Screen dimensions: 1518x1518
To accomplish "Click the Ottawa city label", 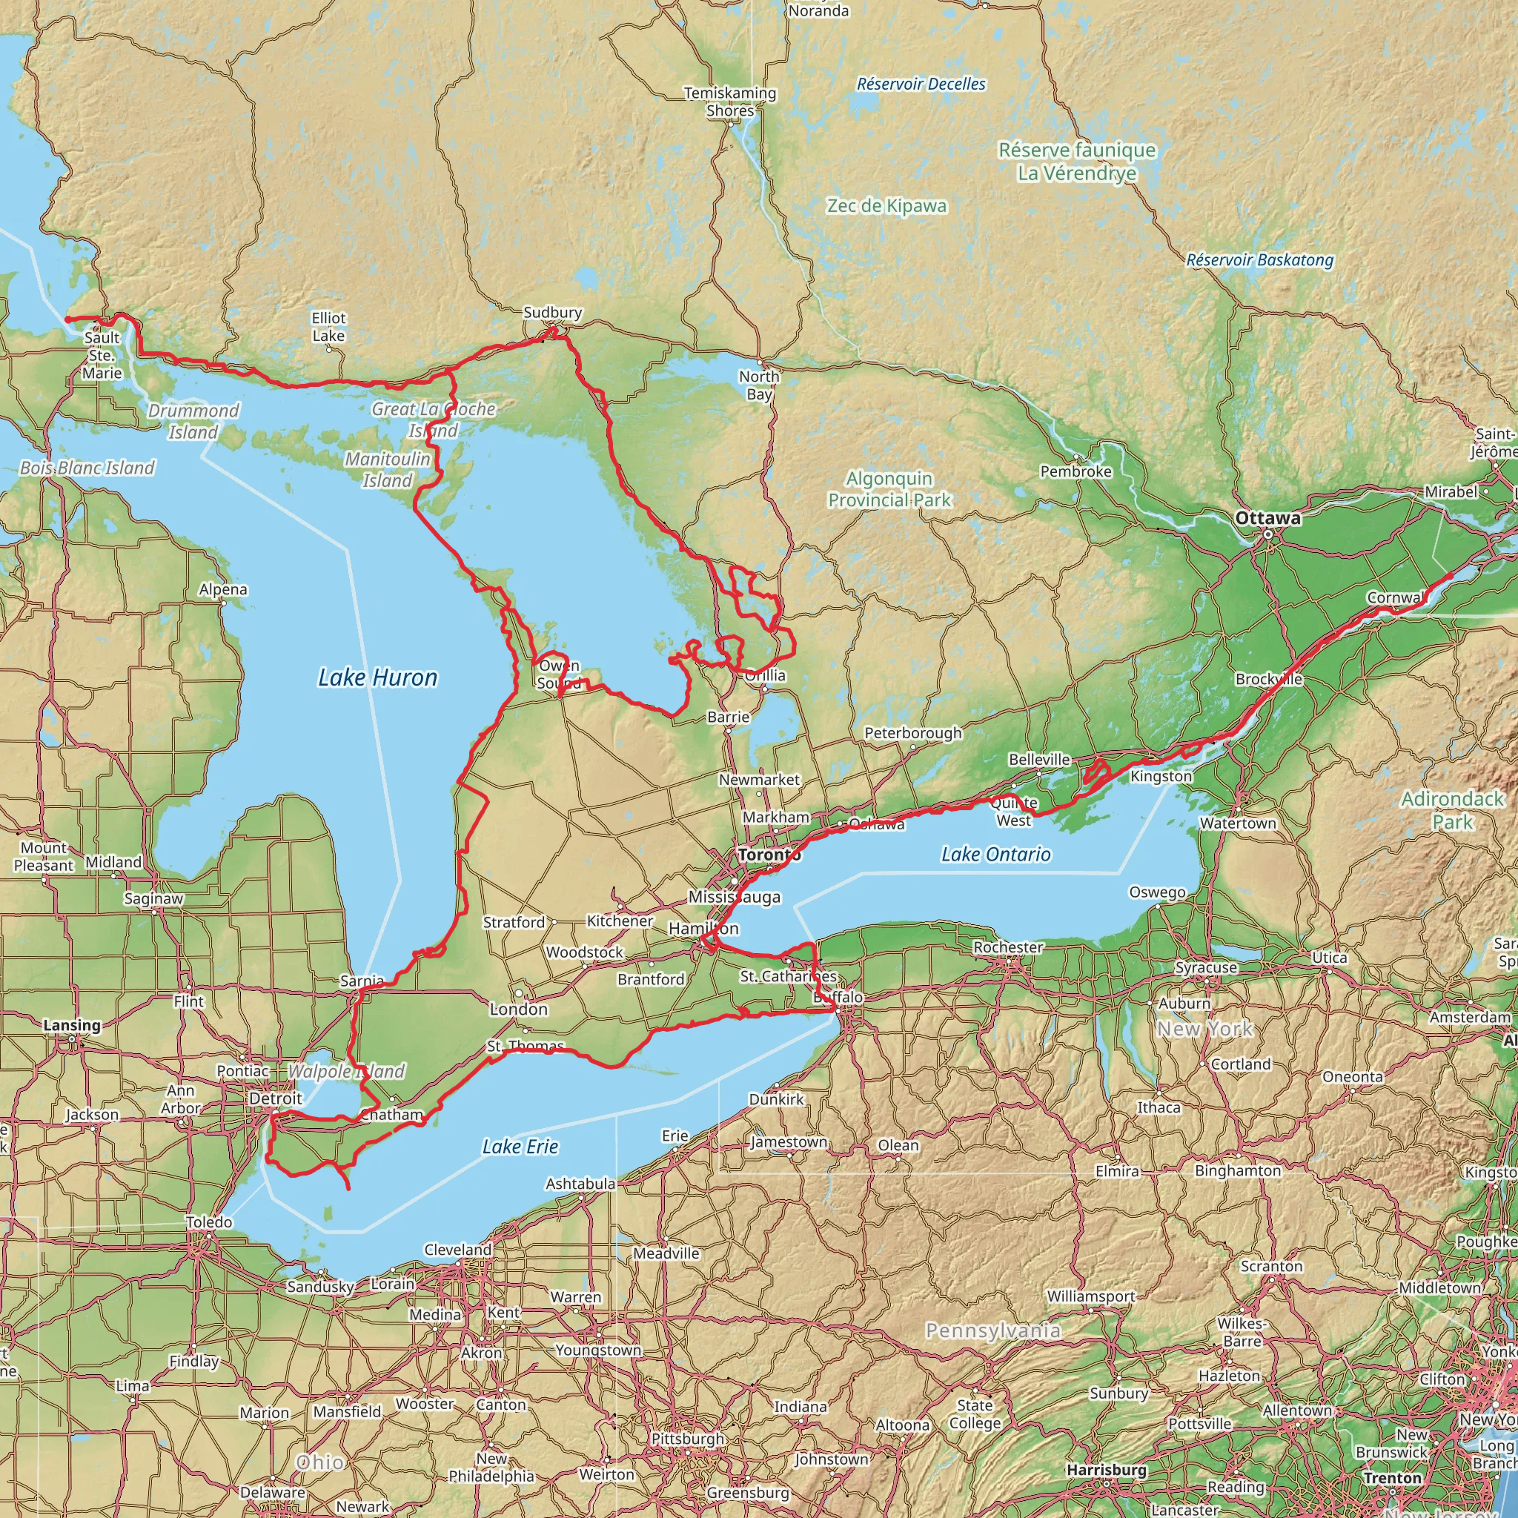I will click(1267, 519).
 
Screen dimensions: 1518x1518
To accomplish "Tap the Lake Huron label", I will click(377, 677).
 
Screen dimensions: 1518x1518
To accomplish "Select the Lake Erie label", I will click(520, 1147).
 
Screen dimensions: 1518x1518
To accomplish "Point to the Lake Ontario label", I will click(995, 854).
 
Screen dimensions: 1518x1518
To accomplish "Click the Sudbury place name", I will click(552, 312).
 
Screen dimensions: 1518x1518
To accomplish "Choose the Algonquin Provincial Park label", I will click(889, 488).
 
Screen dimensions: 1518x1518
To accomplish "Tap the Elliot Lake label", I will click(328, 327).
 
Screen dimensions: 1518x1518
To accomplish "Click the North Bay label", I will click(759, 385).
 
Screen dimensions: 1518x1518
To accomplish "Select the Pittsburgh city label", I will click(688, 1439).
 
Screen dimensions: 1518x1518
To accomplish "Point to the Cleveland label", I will click(457, 1249).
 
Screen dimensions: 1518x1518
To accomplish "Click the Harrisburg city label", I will click(1107, 1469).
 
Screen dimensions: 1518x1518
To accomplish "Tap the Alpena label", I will click(223, 589).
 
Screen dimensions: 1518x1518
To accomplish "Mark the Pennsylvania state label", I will click(992, 1330).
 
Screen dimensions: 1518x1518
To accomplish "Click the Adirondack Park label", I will click(1452, 810).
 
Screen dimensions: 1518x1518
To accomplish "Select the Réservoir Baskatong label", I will click(1259, 260).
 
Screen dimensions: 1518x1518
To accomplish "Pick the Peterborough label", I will click(913, 733).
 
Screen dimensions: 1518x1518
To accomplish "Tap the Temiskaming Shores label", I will click(730, 102).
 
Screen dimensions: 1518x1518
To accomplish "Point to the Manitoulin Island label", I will click(388, 469).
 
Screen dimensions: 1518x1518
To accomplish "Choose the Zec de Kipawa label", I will click(886, 206).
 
